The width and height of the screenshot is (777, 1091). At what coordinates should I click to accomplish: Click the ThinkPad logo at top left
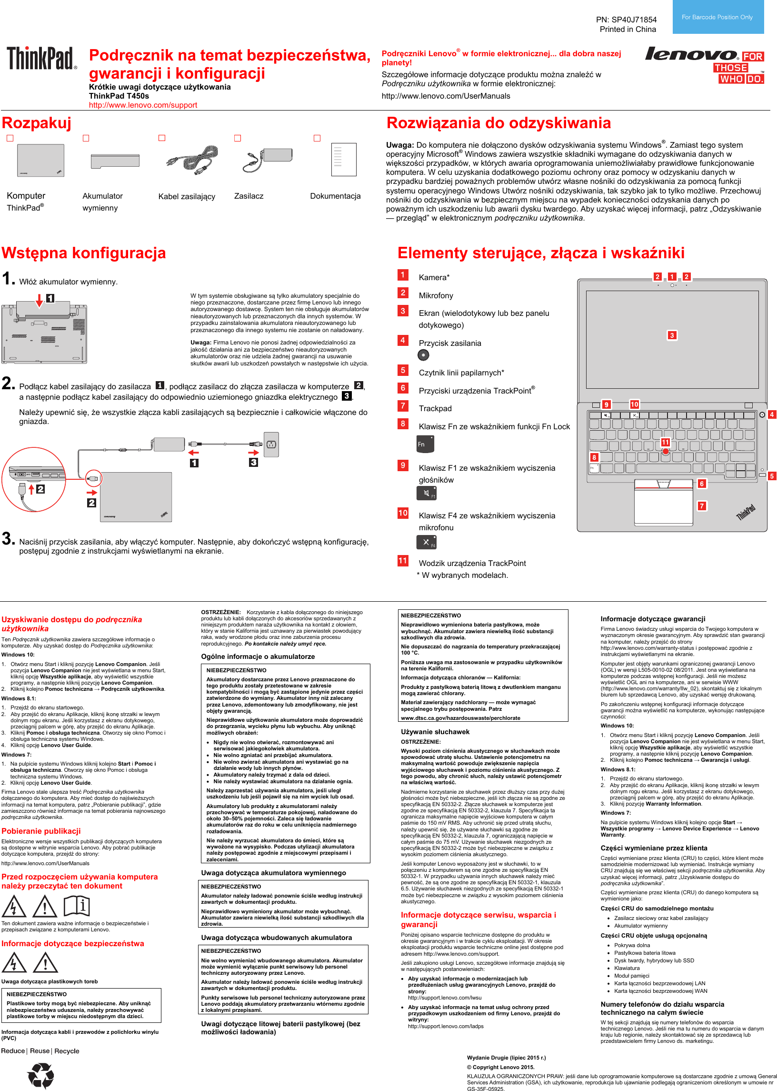tap(41, 58)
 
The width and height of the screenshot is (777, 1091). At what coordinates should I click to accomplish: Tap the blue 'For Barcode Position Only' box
tap(717, 17)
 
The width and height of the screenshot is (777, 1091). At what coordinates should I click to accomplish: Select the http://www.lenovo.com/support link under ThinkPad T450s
tap(142, 105)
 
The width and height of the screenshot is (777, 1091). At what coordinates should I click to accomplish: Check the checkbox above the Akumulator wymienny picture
tap(86, 138)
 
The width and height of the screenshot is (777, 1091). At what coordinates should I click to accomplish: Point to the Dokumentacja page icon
tap(344, 160)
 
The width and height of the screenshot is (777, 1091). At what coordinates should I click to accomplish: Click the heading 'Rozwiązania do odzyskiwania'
tap(498, 123)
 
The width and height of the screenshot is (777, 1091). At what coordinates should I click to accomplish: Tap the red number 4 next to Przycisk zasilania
tap(403, 340)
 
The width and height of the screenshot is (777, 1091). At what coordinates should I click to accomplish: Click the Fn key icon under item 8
tap(425, 444)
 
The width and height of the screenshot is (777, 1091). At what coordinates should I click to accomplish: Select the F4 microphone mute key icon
tap(426, 542)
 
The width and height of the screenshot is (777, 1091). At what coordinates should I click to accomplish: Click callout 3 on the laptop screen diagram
tap(672, 335)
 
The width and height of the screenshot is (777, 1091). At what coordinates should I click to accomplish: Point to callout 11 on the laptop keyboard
tap(665, 442)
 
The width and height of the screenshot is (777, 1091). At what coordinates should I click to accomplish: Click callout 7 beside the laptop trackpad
tap(701, 506)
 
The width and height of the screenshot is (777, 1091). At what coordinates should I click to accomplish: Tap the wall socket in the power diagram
tap(271, 444)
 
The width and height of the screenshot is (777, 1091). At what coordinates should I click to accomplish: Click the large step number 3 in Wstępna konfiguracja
tap(8, 538)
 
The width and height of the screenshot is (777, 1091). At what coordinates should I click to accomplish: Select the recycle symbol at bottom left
tap(41, 1075)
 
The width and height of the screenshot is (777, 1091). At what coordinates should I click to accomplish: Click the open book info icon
tap(77, 906)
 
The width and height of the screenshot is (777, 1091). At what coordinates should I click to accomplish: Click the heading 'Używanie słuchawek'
tap(435, 732)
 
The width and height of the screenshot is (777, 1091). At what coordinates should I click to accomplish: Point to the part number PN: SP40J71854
tap(626, 20)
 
